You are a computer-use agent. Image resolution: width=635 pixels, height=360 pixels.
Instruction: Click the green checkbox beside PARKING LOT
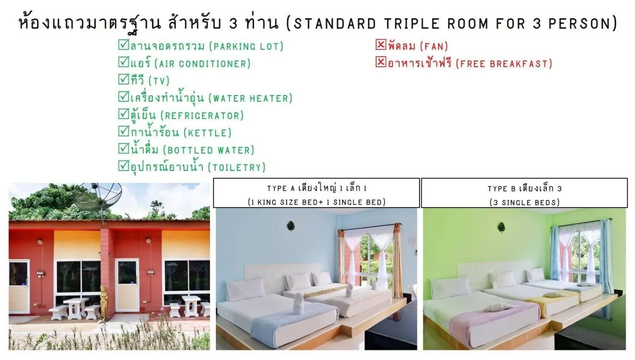(x=123, y=44)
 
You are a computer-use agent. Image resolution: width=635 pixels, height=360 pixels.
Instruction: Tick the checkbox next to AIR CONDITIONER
(x=123, y=62)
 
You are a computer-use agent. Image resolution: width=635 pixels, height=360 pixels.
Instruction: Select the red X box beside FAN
(x=381, y=44)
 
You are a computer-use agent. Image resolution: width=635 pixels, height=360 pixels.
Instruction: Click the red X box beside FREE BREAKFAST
(x=381, y=62)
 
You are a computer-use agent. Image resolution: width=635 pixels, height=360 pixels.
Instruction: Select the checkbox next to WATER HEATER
(x=123, y=96)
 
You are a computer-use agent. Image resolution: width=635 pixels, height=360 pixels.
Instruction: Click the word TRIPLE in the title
(x=412, y=24)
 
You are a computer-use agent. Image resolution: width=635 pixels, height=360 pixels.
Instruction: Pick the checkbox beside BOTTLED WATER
(x=123, y=148)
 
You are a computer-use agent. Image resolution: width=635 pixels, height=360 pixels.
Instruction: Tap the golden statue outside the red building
(x=104, y=302)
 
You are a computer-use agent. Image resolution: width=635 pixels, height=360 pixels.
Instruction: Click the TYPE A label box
(x=316, y=193)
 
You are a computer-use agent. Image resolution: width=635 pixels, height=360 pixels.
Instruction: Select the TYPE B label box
(x=524, y=193)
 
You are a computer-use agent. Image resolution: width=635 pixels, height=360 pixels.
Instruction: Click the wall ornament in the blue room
(x=291, y=226)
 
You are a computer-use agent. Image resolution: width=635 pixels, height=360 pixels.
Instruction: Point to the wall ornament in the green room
(x=501, y=227)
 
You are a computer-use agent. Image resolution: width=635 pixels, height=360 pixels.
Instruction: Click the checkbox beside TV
(x=123, y=79)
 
